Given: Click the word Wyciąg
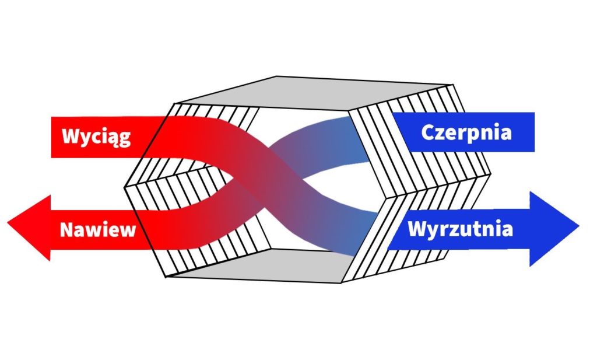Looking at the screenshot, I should (96, 137).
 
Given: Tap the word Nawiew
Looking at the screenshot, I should (97, 229).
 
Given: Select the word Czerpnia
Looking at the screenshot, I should (466, 132).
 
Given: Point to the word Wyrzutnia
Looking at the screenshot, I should (460, 229).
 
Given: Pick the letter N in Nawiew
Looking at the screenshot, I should (66, 229).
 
